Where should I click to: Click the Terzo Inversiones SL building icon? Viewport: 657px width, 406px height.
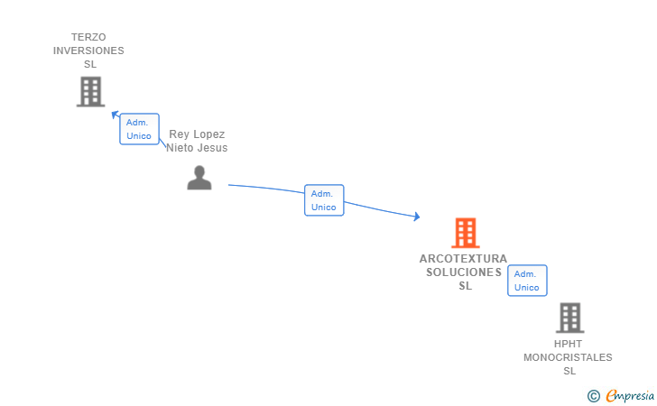90,91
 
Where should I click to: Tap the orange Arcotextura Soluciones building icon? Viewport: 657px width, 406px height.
465,233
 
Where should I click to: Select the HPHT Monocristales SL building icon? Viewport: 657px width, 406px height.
569,318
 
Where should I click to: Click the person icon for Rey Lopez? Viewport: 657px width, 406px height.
199,178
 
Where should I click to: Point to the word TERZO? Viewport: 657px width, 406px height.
88,37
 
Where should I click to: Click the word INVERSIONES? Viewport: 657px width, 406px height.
88,51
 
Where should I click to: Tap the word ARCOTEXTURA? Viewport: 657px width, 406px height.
463,259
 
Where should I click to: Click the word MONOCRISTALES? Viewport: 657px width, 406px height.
568,357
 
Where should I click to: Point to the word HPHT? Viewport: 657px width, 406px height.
568,344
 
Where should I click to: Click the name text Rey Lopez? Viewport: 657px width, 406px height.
197,134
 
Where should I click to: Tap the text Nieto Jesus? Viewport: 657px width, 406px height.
197,148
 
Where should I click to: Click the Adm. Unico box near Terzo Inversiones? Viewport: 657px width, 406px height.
139,129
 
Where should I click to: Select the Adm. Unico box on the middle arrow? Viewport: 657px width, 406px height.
324,200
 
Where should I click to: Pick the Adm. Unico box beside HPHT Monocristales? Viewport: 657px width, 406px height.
527,281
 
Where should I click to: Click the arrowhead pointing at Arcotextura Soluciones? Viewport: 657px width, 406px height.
417,217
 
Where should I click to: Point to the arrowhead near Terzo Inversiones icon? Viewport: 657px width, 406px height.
115,115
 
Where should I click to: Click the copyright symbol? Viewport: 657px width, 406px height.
593,395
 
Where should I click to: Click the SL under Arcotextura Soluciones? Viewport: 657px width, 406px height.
465,286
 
